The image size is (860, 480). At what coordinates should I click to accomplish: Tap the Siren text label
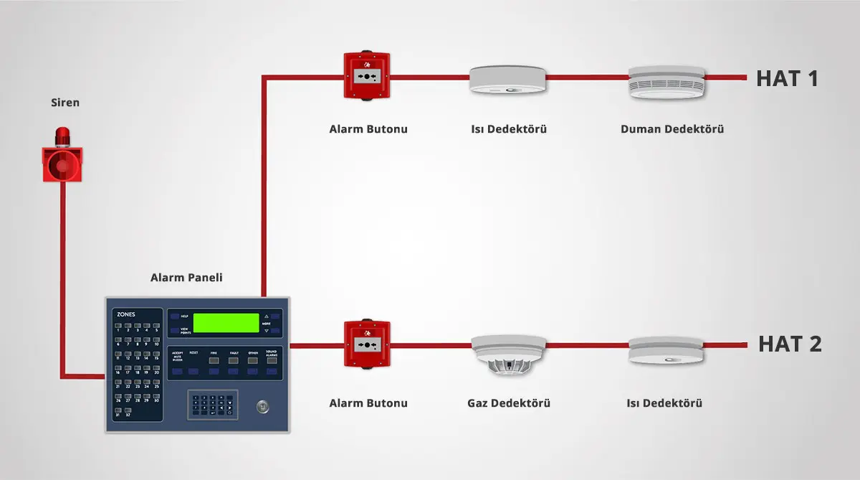tap(64, 103)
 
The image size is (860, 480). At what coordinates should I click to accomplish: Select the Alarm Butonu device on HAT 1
tap(367, 76)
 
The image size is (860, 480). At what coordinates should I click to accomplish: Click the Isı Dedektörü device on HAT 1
tap(508, 80)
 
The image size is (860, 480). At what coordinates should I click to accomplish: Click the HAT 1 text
tap(787, 78)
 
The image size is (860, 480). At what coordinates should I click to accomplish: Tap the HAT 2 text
tap(790, 344)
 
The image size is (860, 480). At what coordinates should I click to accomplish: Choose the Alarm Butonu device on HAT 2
tap(367, 345)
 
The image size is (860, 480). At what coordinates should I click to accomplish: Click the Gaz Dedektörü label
tap(508, 403)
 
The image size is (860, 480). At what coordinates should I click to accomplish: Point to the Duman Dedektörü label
tap(672, 130)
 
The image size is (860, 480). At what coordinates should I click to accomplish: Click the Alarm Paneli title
tap(186, 277)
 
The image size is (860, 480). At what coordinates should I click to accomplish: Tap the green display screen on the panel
tap(225, 323)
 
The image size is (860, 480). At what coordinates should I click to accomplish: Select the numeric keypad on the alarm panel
tap(213, 405)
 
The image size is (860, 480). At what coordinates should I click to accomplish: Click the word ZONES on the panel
tap(125, 314)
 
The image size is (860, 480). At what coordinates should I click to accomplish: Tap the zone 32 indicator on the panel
tap(128, 410)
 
